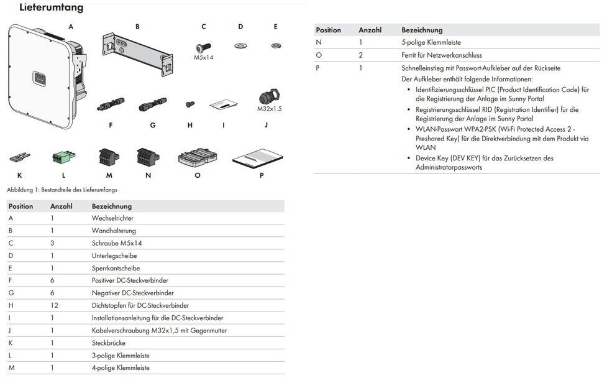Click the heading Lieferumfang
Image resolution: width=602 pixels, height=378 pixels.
52,8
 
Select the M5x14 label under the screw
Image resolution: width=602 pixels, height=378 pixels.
203,57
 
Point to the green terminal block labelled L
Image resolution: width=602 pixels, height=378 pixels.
63,157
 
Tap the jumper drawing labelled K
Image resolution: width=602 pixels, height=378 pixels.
19,157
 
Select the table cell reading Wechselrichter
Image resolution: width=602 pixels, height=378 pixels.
112,218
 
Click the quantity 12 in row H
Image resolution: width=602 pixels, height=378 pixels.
54,305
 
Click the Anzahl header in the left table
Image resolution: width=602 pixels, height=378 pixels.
62,206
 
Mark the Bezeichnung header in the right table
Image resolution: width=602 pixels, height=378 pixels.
422,30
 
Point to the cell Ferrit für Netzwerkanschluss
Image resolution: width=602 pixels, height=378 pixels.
442,55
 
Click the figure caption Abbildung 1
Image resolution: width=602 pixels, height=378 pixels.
62,190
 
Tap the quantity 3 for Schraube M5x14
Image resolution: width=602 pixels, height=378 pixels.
52,243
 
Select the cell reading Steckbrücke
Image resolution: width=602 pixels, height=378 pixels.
109,343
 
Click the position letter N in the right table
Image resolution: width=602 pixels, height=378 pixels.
319,42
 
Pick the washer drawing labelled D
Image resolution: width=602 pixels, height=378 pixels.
239,45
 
